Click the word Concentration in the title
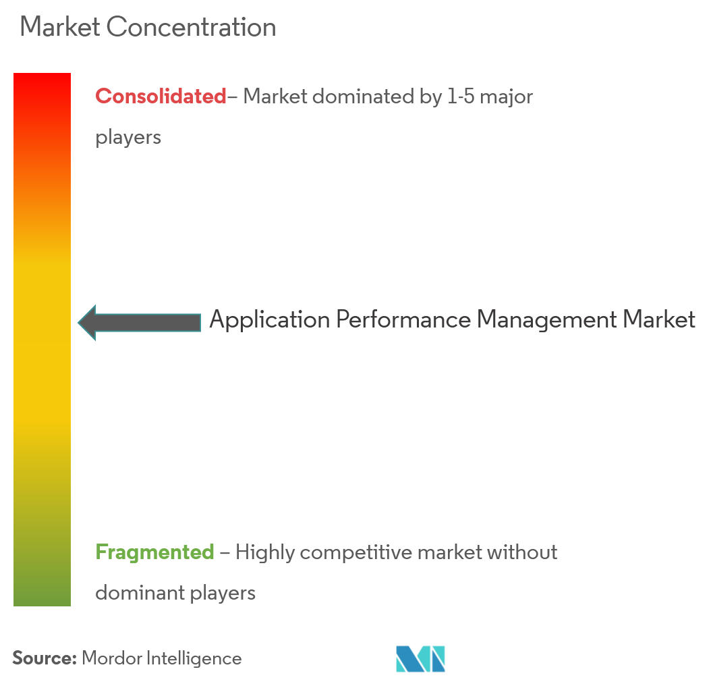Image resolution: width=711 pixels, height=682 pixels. coord(192,28)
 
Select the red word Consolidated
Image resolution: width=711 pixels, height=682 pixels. coord(161,97)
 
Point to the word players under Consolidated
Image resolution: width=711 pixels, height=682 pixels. coord(128,138)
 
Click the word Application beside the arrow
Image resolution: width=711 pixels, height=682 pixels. coord(269,319)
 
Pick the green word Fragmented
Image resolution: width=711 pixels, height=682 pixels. coord(154,552)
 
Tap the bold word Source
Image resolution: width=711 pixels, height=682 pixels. coord(44,658)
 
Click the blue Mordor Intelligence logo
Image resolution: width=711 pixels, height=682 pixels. coord(420,658)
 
